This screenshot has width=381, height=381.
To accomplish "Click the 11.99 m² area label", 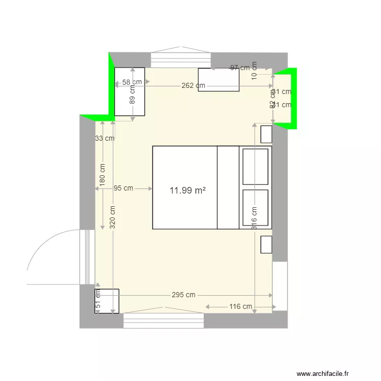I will pyautogui.click(x=188, y=190).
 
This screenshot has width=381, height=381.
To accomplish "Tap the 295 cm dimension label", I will pyautogui.click(x=183, y=295).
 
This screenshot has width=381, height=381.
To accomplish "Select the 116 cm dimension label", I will pyautogui.click(x=240, y=306).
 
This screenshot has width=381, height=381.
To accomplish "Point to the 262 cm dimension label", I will pyautogui.click(x=193, y=85).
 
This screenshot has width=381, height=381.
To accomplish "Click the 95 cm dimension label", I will pyautogui.click(x=123, y=188).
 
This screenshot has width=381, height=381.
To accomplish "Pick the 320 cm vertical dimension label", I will pyautogui.click(x=112, y=215).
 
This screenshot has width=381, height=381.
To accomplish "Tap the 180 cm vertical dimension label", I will pyautogui.click(x=103, y=174).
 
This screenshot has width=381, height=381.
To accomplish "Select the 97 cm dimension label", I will pyautogui.click(x=240, y=68).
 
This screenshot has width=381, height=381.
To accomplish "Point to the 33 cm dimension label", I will pyautogui.click(x=105, y=138).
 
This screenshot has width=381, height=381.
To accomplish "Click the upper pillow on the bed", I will pyautogui.click(x=255, y=166).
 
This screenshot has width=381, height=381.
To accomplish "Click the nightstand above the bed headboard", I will pyautogui.click(x=266, y=134).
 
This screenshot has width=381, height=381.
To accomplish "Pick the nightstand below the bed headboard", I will pyautogui.click(x=266, y=244).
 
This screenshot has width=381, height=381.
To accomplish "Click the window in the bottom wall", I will pyautogui.click(x=164, y=321).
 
